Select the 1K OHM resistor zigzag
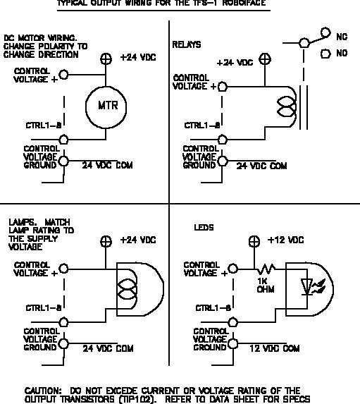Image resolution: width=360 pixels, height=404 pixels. (268, 269)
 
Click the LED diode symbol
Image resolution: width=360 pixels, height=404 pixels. (307, 286)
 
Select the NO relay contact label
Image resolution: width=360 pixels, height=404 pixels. (342, 53)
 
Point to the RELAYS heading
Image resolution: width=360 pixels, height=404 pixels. (187, 44)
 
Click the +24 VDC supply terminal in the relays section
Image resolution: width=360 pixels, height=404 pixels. (263, 60)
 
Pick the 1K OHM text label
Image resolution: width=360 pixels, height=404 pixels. (266, 285)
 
